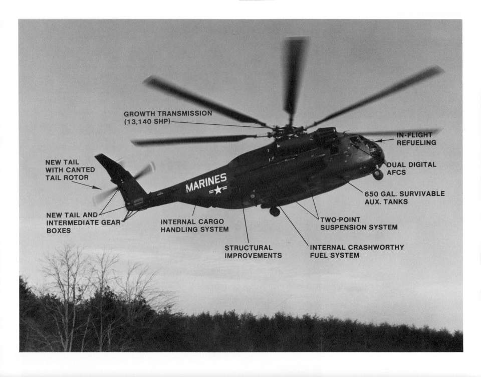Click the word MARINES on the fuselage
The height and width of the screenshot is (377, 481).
coord(206,182)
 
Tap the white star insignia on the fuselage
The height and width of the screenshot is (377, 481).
coord(218,190)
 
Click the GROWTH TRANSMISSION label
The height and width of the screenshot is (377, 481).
coord(168,117)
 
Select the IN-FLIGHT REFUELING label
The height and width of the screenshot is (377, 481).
coord(416,139)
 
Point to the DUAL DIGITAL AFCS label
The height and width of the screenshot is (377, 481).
coord(411,168)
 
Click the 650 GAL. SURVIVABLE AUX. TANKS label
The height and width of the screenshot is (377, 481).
coord(404,198)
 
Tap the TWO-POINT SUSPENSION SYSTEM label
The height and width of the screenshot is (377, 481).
coord(359,224)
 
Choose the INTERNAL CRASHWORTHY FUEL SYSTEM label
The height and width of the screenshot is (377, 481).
coord(357,251)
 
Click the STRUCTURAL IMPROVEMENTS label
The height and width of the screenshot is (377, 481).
coord(253,252)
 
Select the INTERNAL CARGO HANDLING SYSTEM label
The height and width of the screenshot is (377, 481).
coord(194,225)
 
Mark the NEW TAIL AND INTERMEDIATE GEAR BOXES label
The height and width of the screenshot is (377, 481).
coord(83,223)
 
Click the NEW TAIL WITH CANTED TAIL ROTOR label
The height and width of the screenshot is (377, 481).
coord(70,170)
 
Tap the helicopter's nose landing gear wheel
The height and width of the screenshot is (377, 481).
coord(378,174)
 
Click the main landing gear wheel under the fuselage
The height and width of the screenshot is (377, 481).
coord(275,211)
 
